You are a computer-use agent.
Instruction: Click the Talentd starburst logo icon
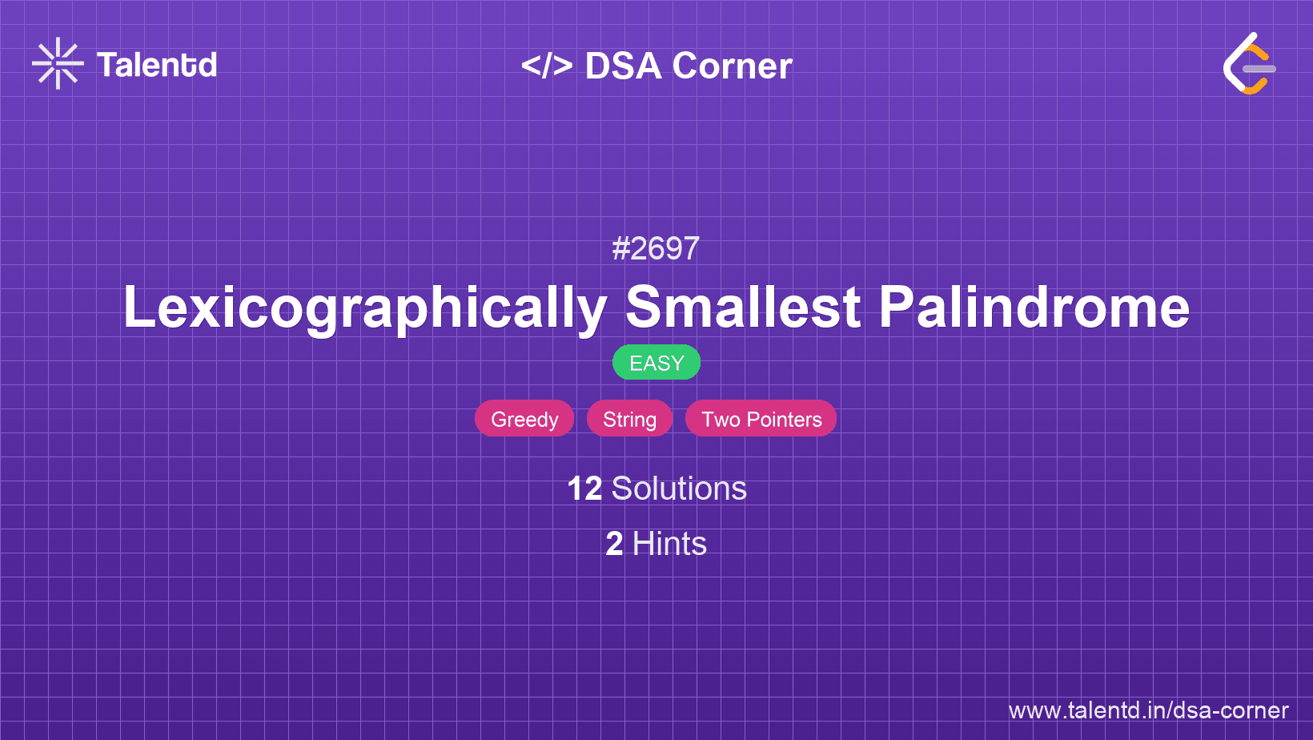(x=58, y=64)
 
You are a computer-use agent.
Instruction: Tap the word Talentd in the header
(x=157, y=65)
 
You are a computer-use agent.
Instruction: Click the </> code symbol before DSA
(x=547, y=66)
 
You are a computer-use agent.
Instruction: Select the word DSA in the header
(x=624, y=66)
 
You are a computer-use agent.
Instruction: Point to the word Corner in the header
(x=733, y=66)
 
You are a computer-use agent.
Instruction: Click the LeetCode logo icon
(x=1249, y=64)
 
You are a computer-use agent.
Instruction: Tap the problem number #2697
(x=656, y=248)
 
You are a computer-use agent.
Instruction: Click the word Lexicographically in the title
(x=365, y=308)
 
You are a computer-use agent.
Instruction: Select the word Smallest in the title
(x=743, y=308)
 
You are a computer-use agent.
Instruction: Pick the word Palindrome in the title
(x=1034, y=308)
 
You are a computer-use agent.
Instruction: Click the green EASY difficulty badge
(x=656, y=363)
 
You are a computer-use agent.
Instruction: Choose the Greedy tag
(x=524, y=419)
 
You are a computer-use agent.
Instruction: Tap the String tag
(x=629, y=419)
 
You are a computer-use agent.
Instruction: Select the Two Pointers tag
(x=761, y=419)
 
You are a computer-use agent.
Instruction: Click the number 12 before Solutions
(x=584, y=489)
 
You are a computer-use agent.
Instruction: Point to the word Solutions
(x=679, y=489)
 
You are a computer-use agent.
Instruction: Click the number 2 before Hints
(x=614, y=544)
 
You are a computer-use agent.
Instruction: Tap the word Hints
(x=669, y=544)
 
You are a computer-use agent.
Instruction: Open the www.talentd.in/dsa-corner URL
(x=1148, y=710)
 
